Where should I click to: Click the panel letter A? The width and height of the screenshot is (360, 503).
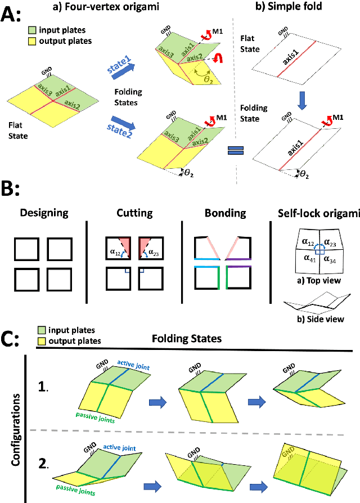12,12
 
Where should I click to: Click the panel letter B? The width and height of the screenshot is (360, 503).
12,187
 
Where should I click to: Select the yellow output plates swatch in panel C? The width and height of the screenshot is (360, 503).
43,341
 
